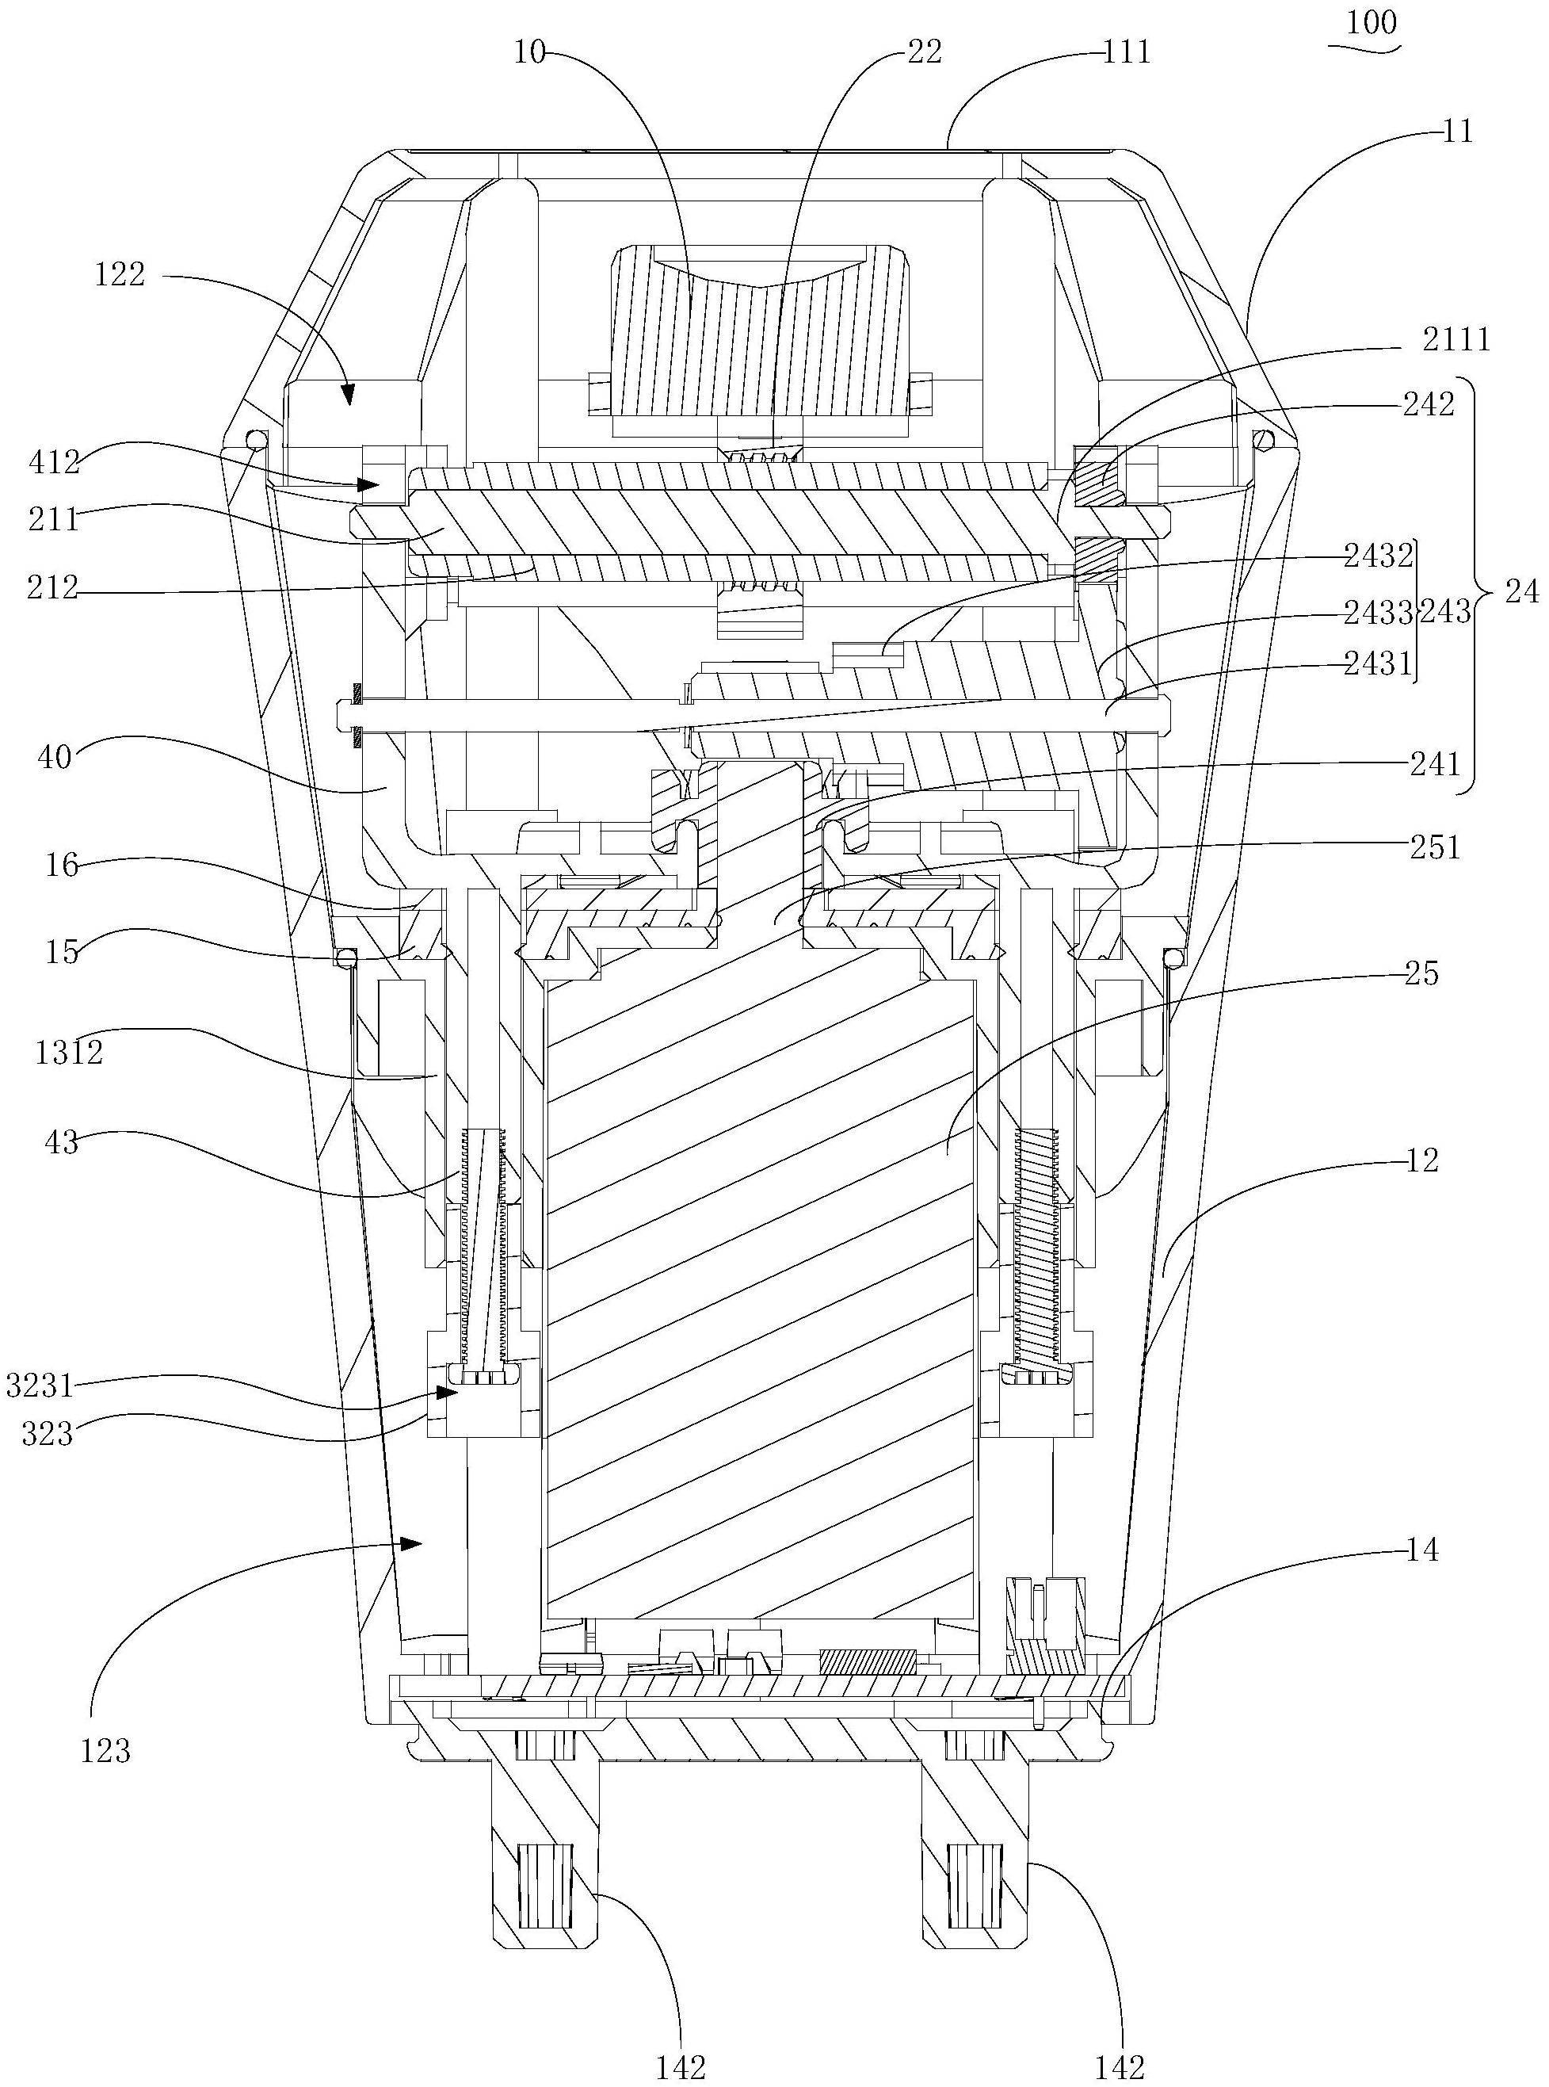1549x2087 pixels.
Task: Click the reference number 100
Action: (x=1372, y=21)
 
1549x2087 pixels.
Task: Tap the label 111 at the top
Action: (x=1126, y=52)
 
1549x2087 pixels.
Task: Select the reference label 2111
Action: (x=1456, y=338)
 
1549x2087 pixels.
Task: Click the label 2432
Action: (x=1377, y=556)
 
